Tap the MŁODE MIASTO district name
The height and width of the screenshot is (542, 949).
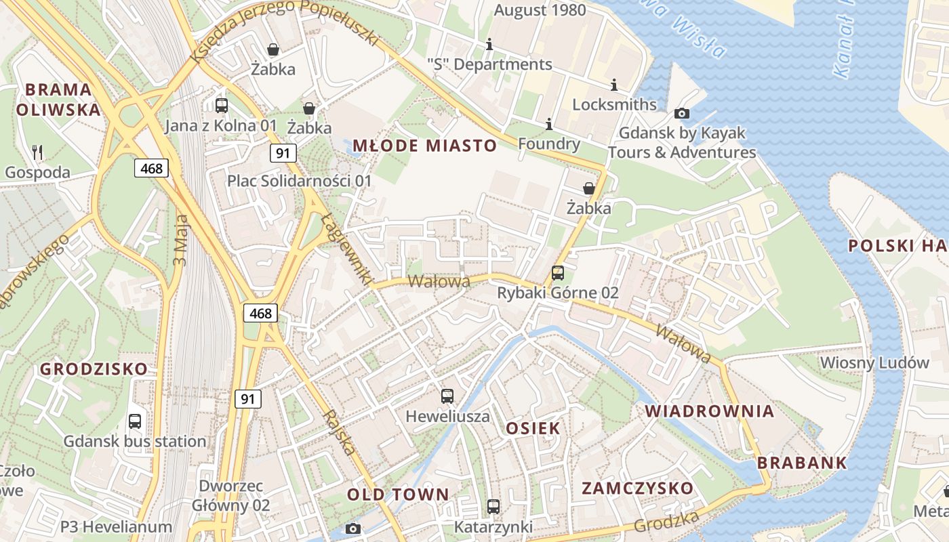(x=425, y=146)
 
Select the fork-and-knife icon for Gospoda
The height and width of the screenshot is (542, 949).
(x=37, y=152)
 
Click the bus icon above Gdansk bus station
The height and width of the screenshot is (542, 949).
(x=135, y=421)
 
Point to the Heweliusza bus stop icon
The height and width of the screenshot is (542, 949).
(x=447, y=396)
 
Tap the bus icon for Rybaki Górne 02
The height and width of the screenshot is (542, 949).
(x=557, y=273)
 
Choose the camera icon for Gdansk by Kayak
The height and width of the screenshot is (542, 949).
(x=682, y=113)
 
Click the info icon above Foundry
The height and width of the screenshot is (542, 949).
(x=549, y=125)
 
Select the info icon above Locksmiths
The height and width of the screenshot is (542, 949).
(x=614, y=85)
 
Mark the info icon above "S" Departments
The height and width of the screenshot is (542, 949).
(x=489, y=45)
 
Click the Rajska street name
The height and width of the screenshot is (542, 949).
(x=340, y=432)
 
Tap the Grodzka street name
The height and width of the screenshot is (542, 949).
(x=667, y=522)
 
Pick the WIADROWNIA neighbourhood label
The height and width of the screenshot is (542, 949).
(x=709, y=411)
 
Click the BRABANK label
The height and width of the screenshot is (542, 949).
(x=802, y=463)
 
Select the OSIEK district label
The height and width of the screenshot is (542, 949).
(x=533, y=428)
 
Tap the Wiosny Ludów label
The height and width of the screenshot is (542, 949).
(x=874, y=362)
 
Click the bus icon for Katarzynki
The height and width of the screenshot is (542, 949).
(x=493, y=506)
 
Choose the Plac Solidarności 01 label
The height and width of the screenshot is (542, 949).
(x=300, y=181)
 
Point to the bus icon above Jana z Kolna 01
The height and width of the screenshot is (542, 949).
(x=222, y=105)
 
